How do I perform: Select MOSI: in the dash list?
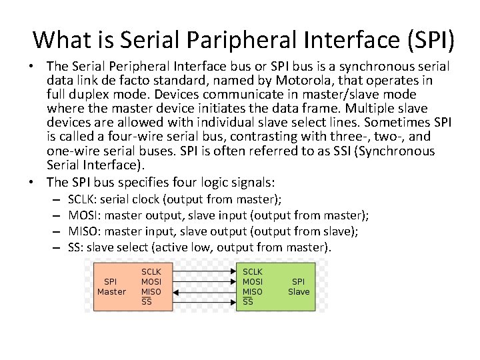[x=84, y=215]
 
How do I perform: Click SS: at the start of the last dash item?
[x=76, y=247]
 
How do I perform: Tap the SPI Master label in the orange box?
[x=111, y=287]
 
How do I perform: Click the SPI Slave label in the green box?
[x=299, y=287]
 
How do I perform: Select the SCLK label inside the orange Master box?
[x=151, y=272]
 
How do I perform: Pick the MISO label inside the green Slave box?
[x=252, y=291]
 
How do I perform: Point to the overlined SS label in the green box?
[x=248, y=301]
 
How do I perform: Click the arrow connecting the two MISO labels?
[x=200, y=291]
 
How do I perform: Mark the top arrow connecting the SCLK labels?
[x=200, y=272]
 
